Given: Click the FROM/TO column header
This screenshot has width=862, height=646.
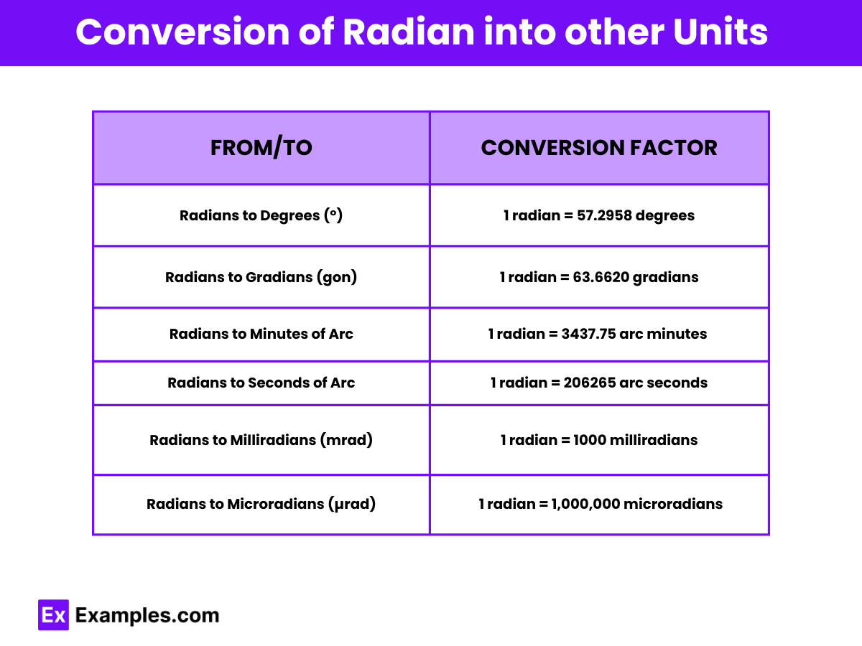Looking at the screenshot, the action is tap(261, 147).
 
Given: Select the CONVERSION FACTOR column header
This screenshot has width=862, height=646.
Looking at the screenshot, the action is tap(599, 147).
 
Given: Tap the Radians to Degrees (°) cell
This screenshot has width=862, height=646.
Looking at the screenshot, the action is tap(261, 215).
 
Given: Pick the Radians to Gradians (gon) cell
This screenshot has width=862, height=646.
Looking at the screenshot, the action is tap(261, 277).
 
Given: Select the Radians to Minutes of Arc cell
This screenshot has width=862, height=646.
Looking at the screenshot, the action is tap(261, 334).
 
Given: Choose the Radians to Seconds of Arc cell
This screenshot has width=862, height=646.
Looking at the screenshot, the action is tap(261, 383).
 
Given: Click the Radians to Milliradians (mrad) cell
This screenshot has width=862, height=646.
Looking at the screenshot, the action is tap(261, 440).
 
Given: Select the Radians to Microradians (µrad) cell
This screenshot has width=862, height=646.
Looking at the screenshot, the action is tap(261, 504).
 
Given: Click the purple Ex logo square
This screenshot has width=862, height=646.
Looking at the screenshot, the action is tap(53, 614).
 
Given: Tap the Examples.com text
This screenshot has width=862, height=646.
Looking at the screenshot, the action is tap(147, 615).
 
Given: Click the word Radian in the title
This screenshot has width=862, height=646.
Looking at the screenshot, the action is tap(409, 32).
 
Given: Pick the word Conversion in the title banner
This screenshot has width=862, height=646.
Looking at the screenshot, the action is tap(182, 32).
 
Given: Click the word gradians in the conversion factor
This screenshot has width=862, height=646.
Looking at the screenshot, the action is tap(666, 278).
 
